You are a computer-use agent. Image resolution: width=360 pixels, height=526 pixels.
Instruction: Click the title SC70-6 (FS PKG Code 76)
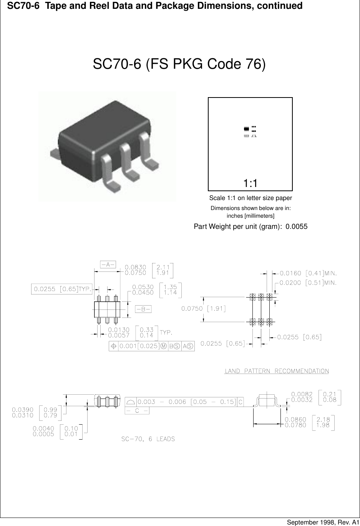pos(179,64)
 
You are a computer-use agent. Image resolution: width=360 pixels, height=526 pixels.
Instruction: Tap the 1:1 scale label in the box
pos(250,184)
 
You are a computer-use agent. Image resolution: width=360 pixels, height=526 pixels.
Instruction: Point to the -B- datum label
pos(143,309)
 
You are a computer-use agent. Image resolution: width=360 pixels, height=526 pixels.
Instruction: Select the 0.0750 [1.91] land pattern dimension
pos(203,309)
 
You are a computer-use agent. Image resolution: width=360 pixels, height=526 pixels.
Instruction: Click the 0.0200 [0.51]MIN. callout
pos(308,283)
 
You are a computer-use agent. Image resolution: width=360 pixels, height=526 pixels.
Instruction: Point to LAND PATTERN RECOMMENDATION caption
pos(277,371)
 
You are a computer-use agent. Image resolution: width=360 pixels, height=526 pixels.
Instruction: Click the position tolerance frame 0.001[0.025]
pos(152,346)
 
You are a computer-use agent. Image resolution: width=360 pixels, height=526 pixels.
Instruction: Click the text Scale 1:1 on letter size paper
pos(251,198)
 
